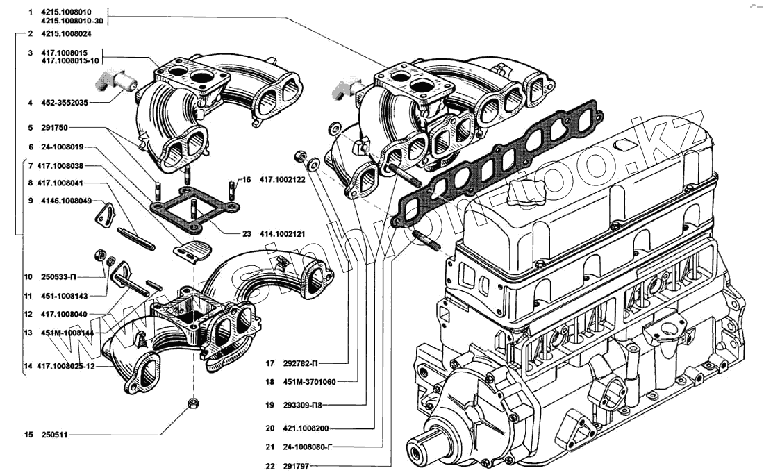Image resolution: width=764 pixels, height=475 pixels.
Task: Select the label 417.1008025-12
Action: [x=66, y=366]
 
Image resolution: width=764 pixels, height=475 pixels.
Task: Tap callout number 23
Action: [x=247, y=234]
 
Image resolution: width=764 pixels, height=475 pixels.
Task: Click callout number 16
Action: [x=245, y=180]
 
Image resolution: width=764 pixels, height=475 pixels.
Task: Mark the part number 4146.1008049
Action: [x=65, y=201]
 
